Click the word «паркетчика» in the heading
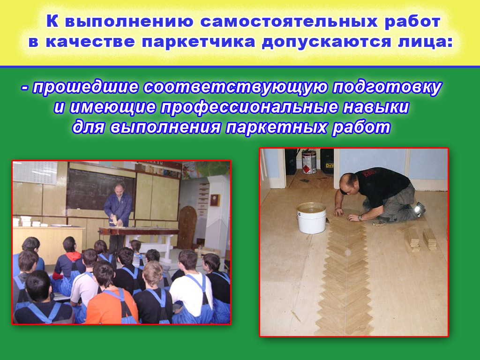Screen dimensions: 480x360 click(198, 42)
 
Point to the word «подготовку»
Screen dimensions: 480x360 click(387, 88)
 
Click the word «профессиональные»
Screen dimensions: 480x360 click(249, 107)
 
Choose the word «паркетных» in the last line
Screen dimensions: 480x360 click(277, 127)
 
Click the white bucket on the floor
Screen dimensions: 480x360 click(311, 218)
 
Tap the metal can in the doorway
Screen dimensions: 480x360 click(309, 161)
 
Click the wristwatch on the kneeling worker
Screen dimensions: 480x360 click(360, 217)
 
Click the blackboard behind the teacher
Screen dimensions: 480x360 click(100, 190)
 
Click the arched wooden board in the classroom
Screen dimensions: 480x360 click(187, 223)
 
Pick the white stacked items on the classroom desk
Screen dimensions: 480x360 click(27, 221)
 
